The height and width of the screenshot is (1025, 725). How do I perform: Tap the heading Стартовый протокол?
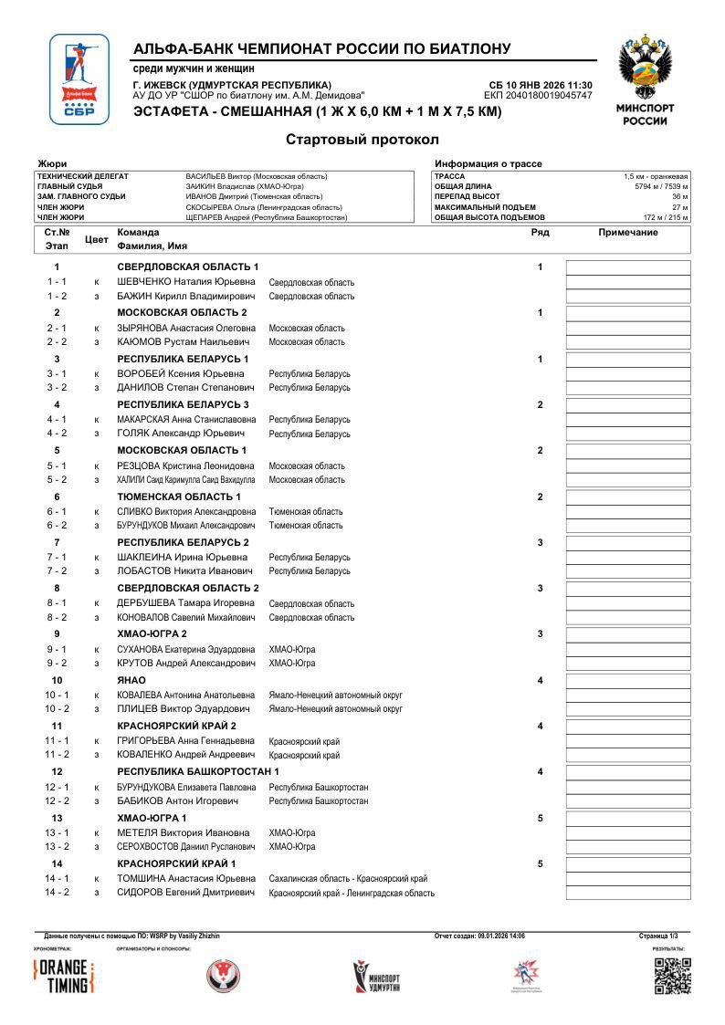point(362,140)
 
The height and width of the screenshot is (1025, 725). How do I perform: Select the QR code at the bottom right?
point(673,976)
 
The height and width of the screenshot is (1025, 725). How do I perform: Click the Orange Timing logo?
point(63,977)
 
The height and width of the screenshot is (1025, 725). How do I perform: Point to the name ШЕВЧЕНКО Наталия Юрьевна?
point(186,282)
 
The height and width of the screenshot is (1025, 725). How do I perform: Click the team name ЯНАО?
point(131,680)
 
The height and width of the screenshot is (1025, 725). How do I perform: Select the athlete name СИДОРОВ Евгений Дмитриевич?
point(186,893)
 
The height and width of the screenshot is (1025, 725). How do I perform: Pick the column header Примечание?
point(627,233)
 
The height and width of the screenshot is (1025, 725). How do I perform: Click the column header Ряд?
point(540,233)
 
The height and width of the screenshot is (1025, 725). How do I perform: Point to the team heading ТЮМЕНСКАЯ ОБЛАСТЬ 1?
point(179,497)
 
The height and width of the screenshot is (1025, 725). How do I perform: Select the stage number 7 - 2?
point(57,570)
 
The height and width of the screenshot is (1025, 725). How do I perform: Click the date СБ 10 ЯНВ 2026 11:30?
point(541,85)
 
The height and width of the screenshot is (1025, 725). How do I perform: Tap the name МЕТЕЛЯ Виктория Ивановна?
point(183,832)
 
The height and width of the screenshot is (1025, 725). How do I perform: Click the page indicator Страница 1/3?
point(658,936)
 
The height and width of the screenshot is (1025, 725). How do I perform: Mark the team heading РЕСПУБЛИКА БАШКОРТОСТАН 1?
point(198,772)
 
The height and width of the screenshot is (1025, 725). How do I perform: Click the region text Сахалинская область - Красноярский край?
point(348,879)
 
